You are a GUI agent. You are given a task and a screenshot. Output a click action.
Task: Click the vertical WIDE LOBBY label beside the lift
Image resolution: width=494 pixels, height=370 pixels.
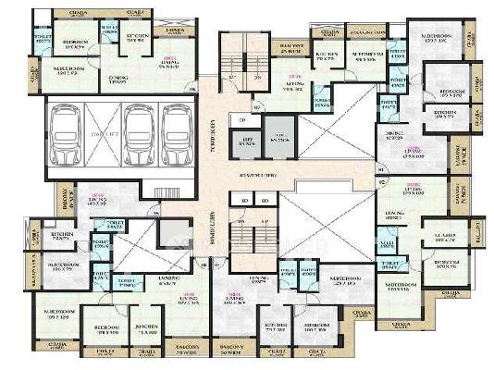214,136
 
